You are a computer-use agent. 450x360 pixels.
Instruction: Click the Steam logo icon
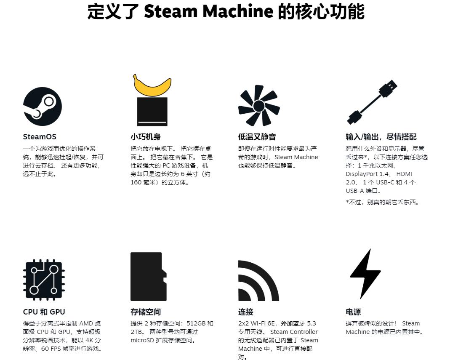point(43,107)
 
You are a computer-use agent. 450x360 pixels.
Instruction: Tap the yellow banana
point(152,86)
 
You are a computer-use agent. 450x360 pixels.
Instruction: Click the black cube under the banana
point(152,112)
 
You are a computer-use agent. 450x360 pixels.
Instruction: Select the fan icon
point(259,105)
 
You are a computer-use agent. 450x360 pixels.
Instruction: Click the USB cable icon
point(372,102)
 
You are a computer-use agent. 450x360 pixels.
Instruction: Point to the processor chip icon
point(44,280)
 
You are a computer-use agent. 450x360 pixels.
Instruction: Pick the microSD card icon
point(148,277)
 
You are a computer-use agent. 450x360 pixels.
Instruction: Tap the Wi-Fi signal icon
point(258,281)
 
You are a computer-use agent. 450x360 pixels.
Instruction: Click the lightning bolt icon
point(365,274)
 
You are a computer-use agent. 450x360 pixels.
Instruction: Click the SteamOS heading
point(40,137)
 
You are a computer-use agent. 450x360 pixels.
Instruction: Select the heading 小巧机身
point(146,137)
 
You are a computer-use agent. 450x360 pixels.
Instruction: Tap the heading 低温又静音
point(257,137)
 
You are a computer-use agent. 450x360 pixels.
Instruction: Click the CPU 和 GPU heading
point(44,312)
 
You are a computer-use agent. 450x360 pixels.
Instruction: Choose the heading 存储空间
point(146,312)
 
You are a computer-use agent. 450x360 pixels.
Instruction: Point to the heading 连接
point(246,312)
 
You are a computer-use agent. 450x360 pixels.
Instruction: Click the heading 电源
point(353,312)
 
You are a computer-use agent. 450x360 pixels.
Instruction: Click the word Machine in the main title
point(238,11)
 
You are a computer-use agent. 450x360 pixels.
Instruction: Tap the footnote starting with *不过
point(383,202)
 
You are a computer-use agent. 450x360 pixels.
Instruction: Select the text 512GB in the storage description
point(196,323)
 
